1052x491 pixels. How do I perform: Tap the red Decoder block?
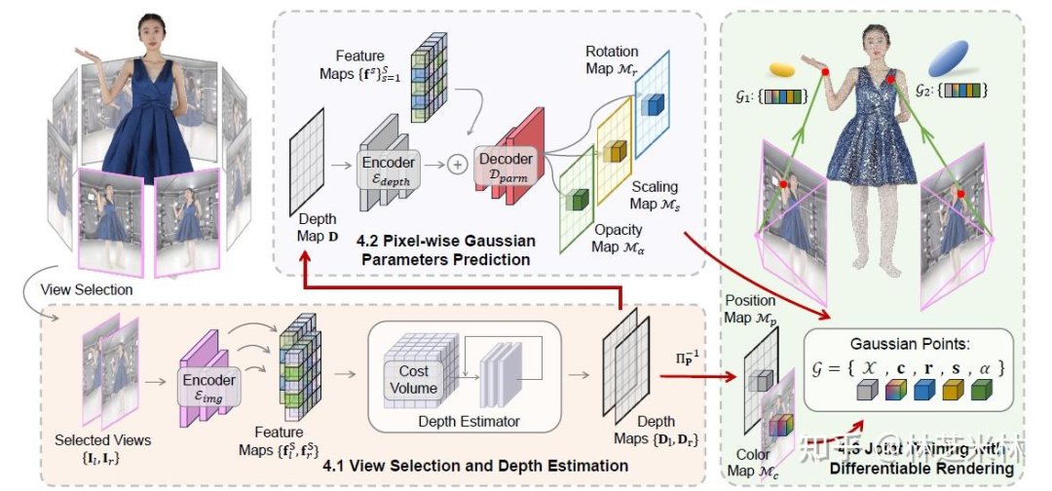[507, 166]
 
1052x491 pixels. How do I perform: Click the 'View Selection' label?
[87, 290]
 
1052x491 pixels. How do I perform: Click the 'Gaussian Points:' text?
[905, 345]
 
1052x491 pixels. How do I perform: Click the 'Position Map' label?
[750, 308]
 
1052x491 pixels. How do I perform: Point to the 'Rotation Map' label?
[612, 58]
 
